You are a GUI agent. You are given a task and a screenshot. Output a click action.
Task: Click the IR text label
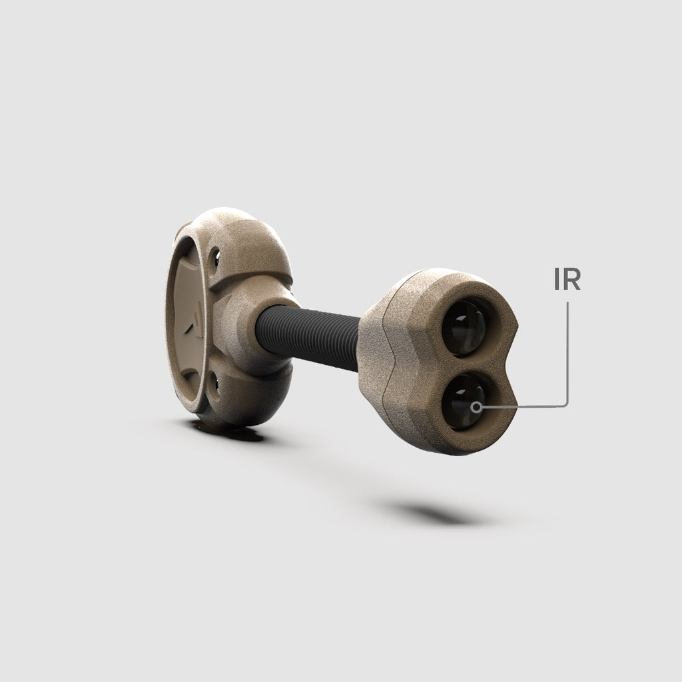click(x=567, y=279)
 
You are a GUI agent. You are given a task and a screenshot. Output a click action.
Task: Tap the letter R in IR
click(x=572, y=279)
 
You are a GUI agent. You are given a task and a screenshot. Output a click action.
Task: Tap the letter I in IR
click(x=557, y=279)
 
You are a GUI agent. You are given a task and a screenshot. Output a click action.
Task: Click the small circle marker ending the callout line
click(x=477, y=407)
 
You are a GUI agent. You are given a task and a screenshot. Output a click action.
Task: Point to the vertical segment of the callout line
click(x=567, y=352)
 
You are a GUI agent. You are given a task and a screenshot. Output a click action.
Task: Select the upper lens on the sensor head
click(x=464, y=327)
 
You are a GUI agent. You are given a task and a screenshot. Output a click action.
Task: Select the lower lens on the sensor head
click(x=464, y=402)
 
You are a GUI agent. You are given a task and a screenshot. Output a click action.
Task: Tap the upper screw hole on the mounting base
click(x=214, y=258)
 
